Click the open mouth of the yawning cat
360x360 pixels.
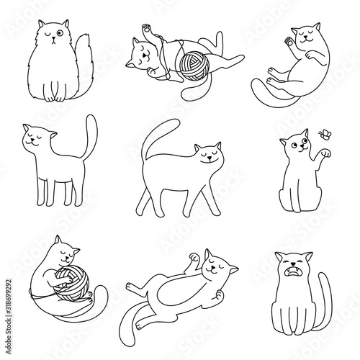(294, 275)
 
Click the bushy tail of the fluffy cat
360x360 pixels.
(71, 65)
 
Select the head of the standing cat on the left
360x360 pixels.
(37, 138)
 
